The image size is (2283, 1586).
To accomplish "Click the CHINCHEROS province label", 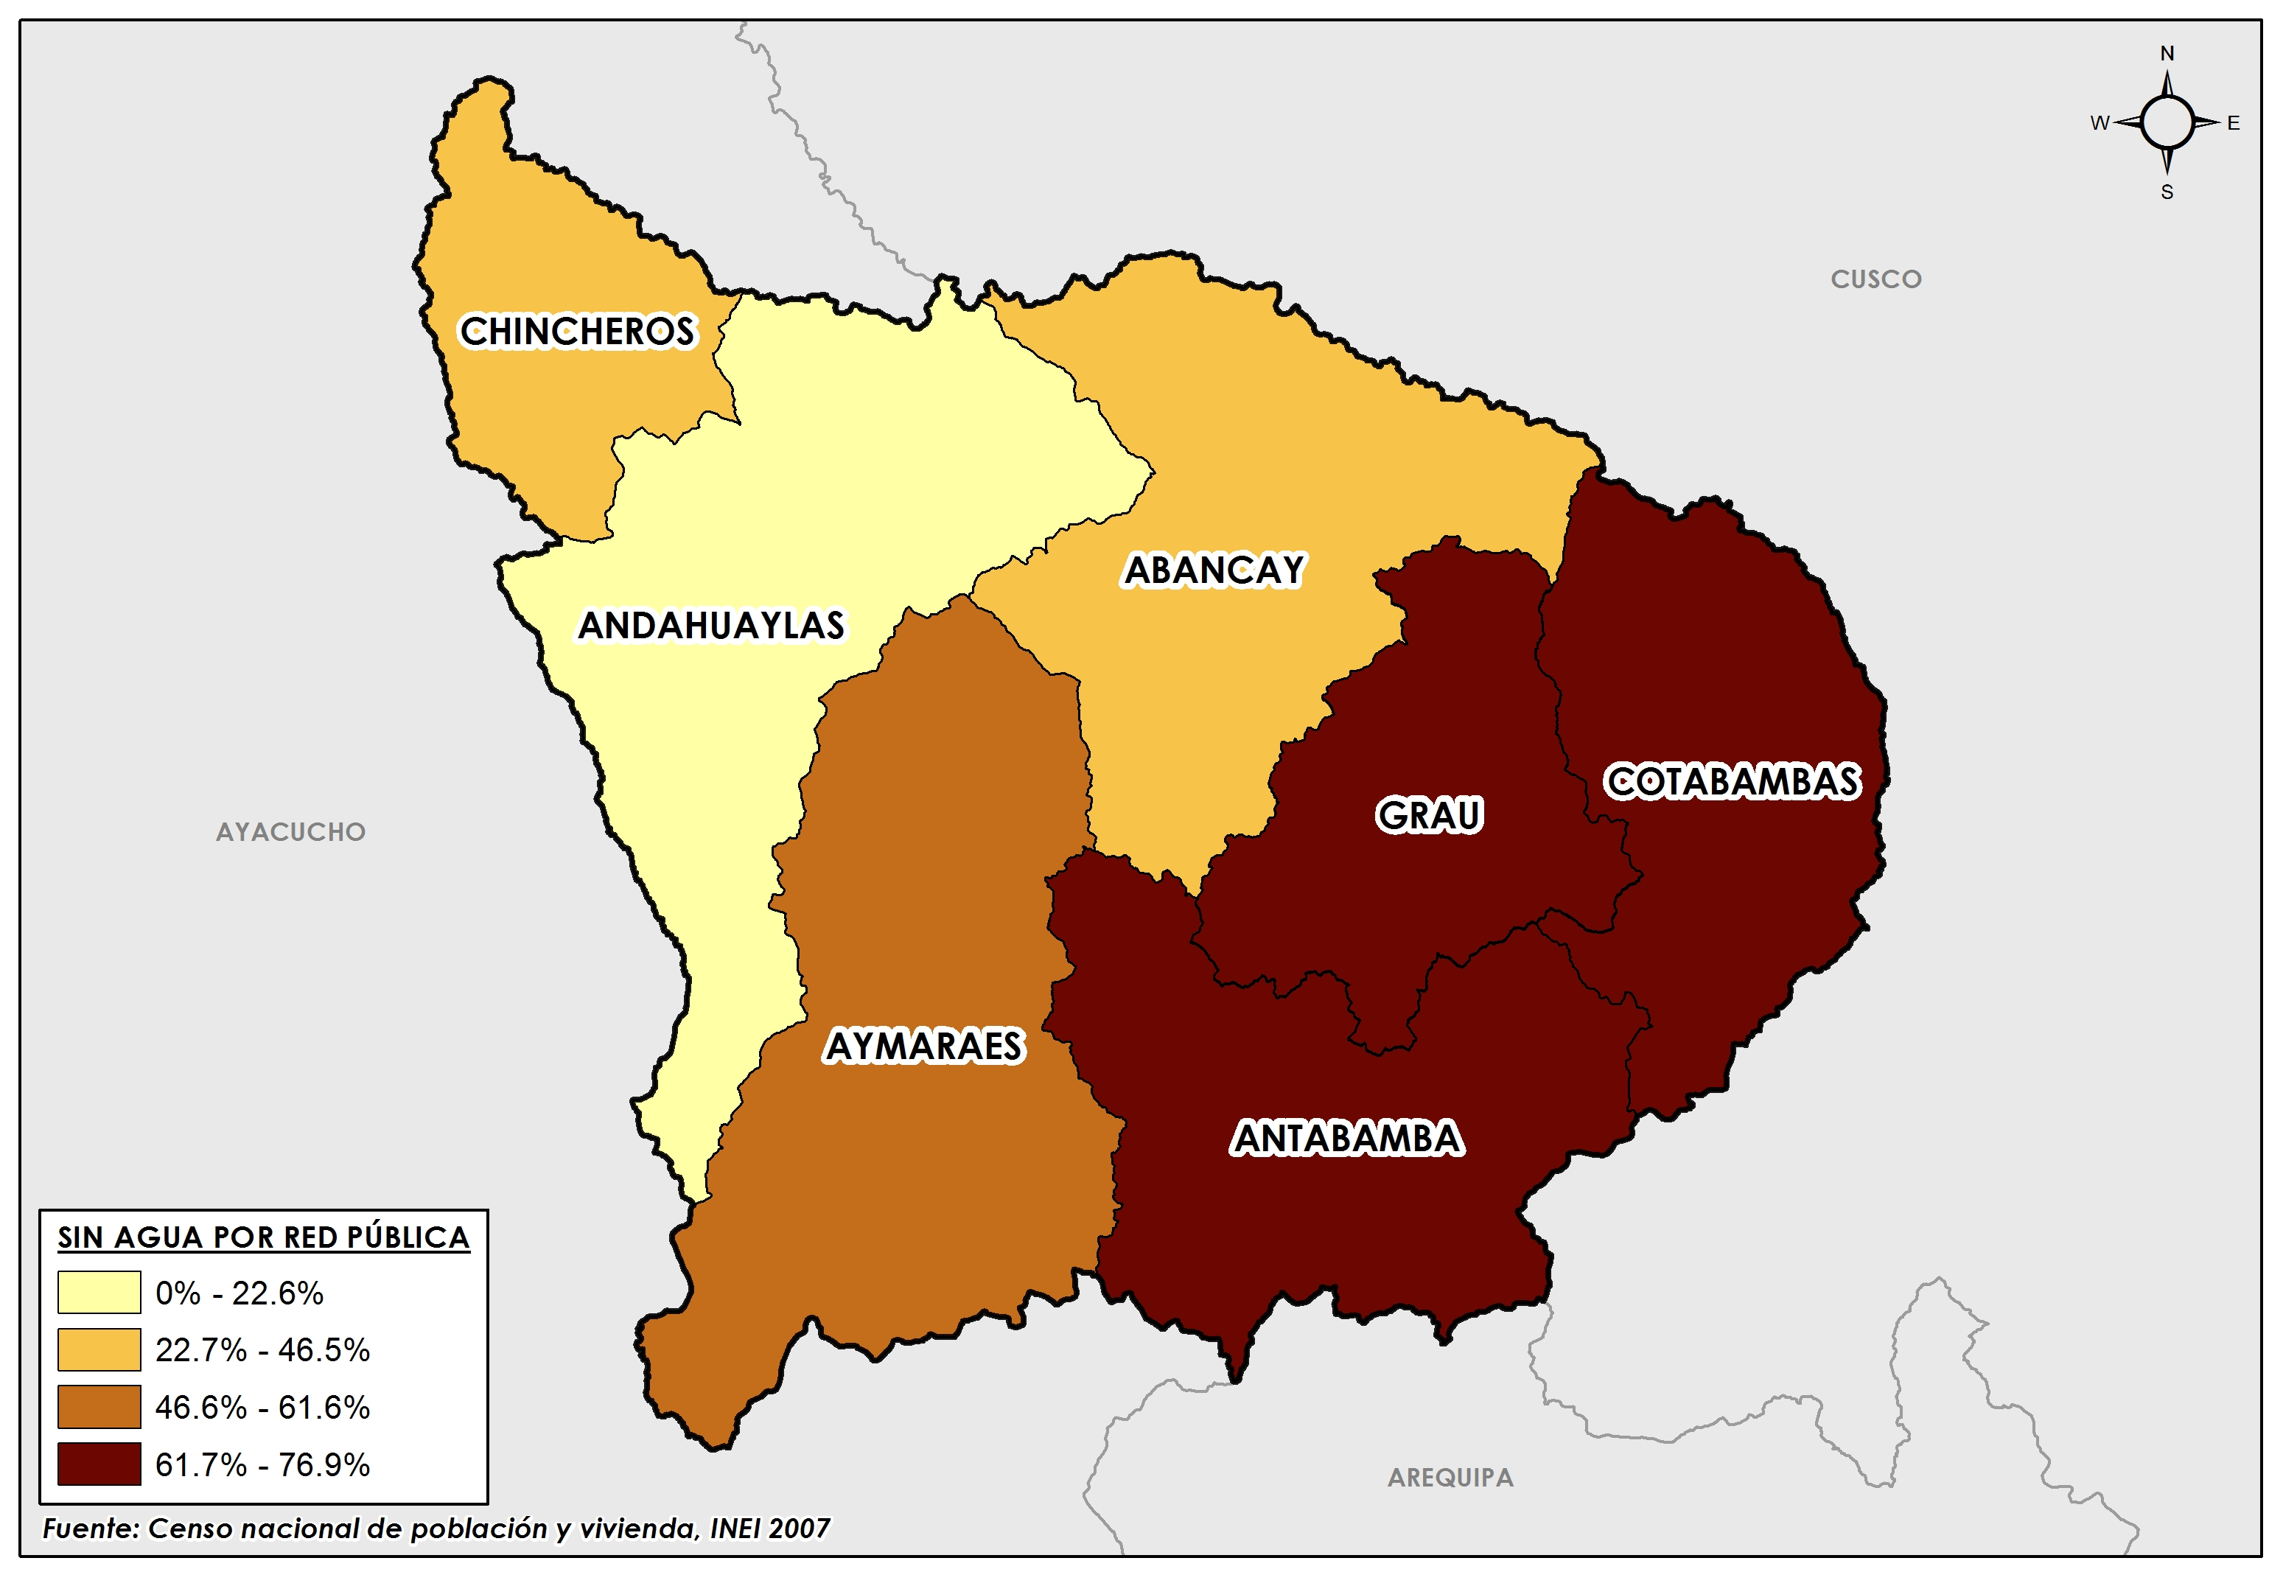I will click(576, 332).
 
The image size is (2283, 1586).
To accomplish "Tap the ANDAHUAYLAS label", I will click(711, 626).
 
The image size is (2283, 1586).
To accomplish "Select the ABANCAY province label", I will click(1213, 570).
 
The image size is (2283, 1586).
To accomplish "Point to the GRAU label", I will click(1429, 815).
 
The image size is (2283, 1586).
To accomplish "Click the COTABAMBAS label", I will click(1733, 782).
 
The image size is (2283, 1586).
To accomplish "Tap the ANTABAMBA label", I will click(1347, 1139).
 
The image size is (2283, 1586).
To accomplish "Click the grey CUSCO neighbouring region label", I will click(1875, 279).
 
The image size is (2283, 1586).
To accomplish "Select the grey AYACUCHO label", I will click(290, 832).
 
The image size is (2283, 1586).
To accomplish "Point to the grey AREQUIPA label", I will click(1450, 1478).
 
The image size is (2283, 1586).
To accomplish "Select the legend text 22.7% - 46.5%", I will click(262, 1350).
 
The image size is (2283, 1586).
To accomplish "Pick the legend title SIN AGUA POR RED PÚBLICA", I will click(263, 1237).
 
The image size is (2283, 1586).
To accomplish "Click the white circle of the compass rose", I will click(2167, 123).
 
